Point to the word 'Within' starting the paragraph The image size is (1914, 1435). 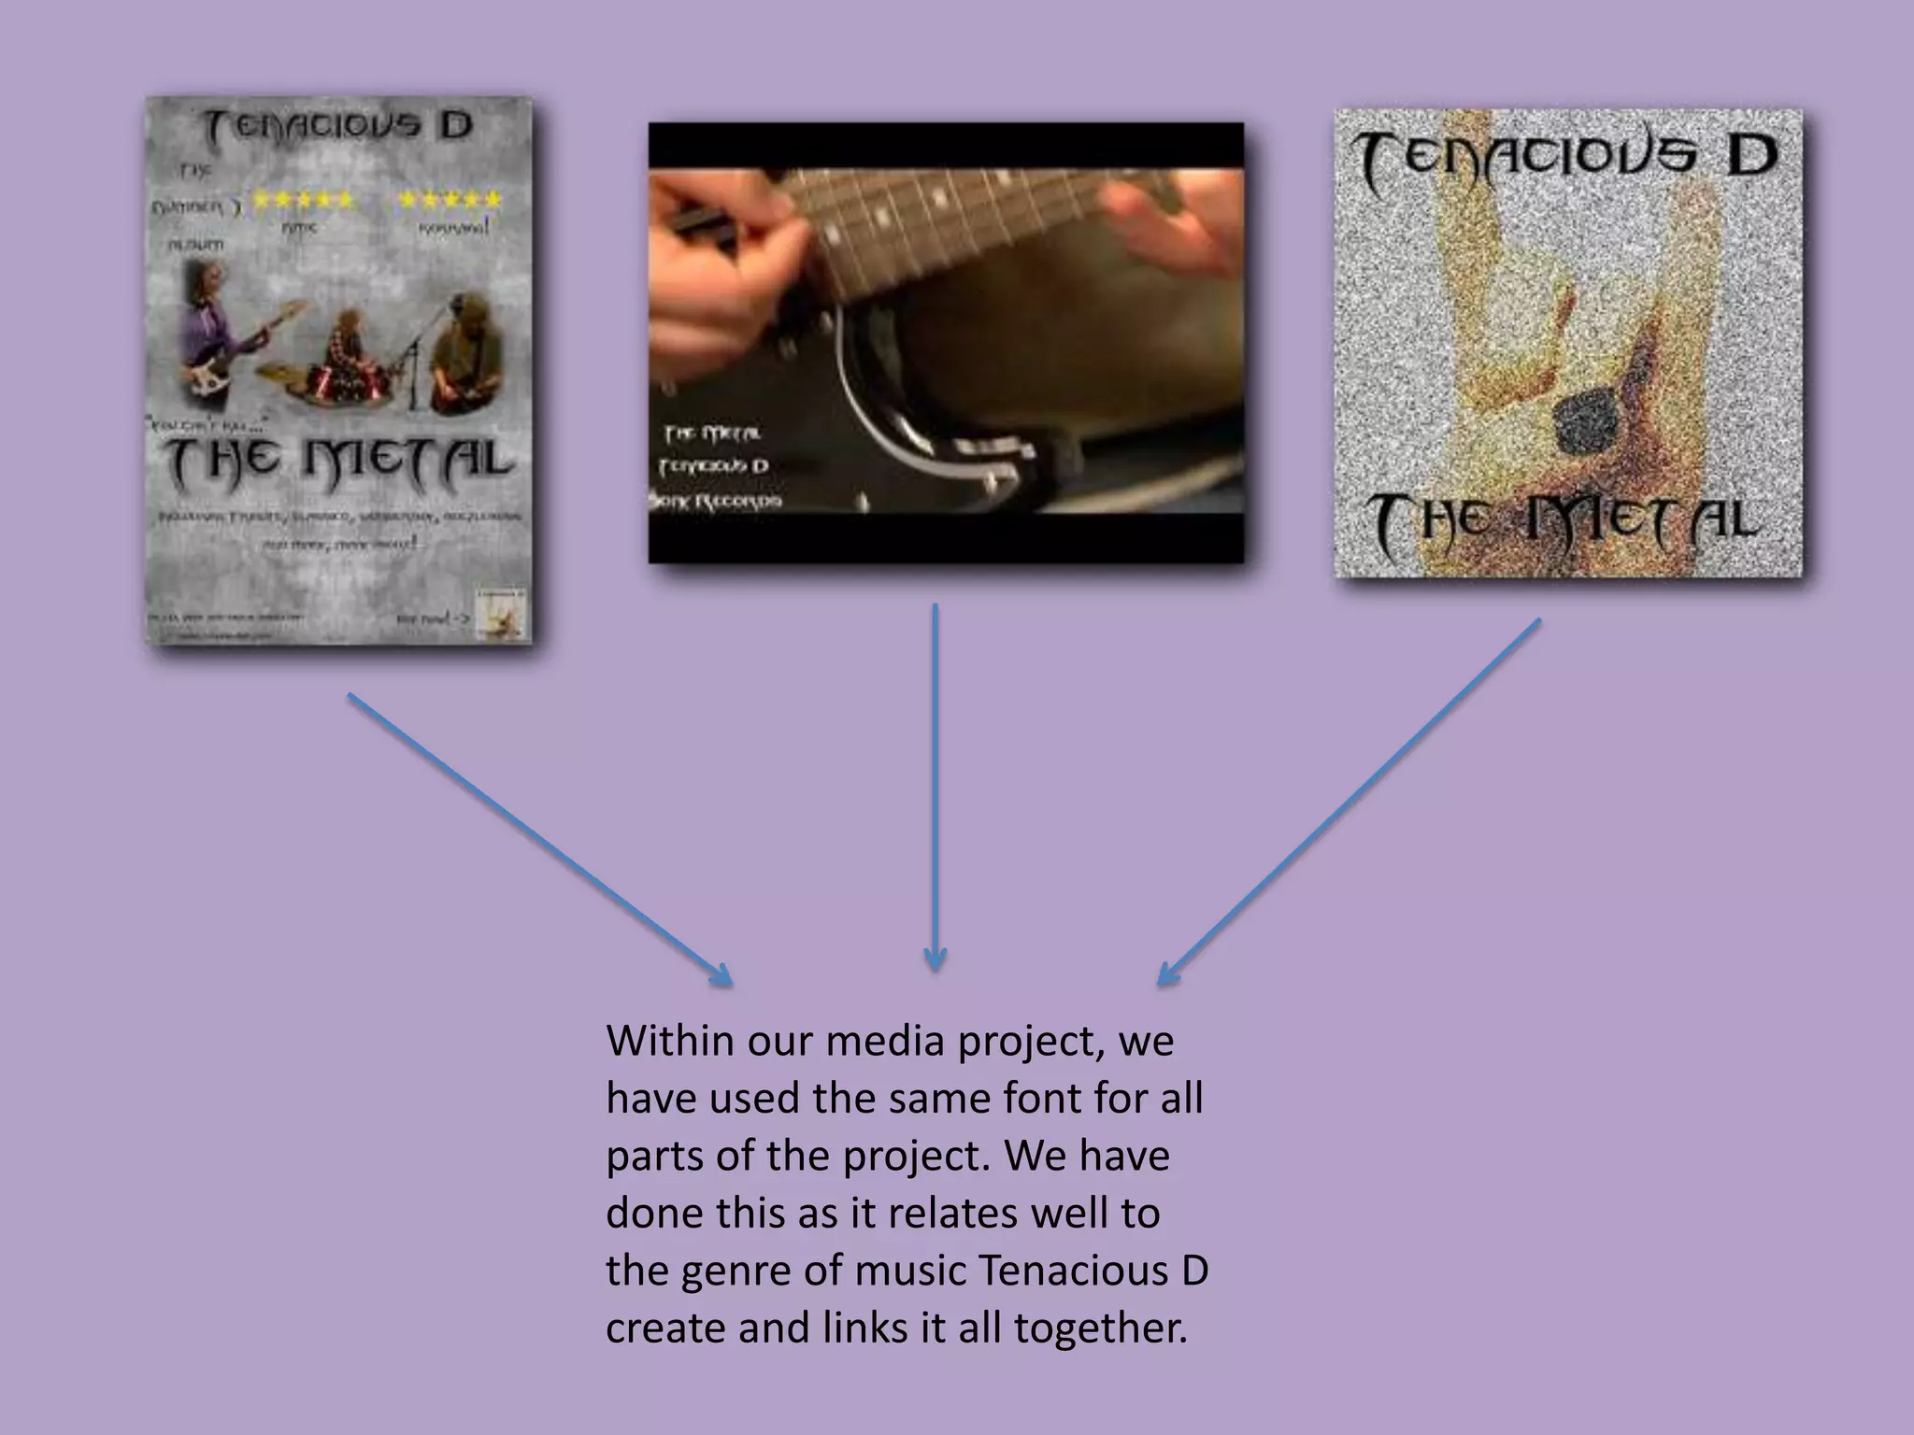coord(669,1041)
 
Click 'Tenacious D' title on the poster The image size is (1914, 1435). coord(338,127)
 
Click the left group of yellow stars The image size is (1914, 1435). coord(304,200)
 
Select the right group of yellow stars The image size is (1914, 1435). coord(450,200)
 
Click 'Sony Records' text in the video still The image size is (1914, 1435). coord(716,502)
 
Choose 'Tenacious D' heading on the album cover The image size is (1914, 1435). coord(1567,159)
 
